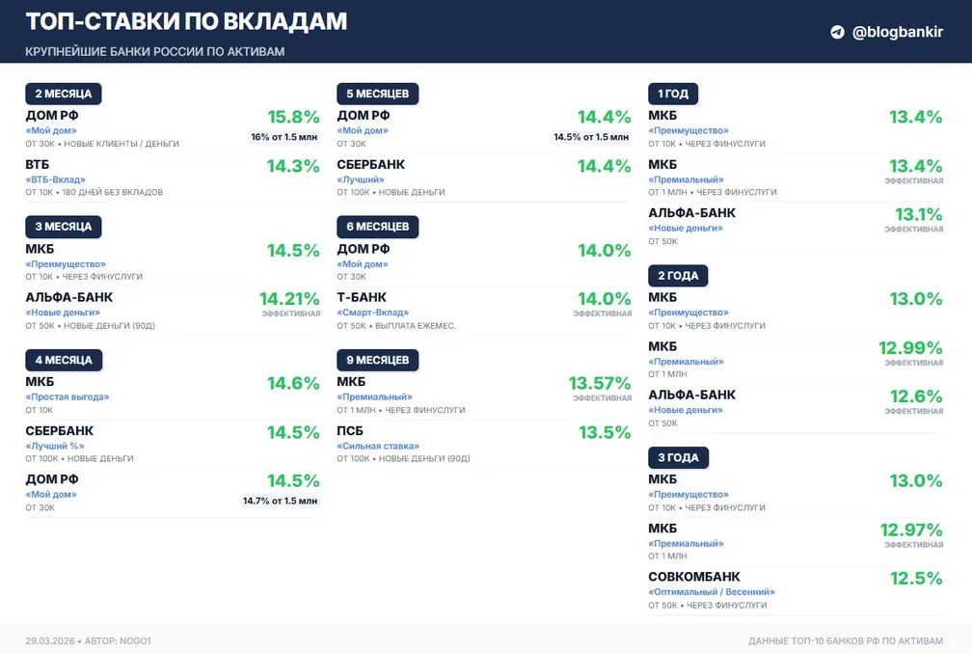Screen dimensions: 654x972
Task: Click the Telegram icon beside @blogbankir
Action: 837,32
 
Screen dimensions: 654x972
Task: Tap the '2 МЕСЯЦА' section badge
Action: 63,94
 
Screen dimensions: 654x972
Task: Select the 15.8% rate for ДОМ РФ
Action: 293,117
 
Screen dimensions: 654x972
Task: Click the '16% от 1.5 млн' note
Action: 283,137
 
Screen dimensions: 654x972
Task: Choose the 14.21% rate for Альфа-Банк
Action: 289,298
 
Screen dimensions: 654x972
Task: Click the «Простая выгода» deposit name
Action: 67,396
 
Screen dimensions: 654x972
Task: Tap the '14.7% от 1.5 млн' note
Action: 280,501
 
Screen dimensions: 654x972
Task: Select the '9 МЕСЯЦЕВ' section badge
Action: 377,360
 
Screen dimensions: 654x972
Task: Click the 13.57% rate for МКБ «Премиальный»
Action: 600,383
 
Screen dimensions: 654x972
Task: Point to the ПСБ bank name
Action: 351,431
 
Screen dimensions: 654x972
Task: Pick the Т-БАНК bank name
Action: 362,298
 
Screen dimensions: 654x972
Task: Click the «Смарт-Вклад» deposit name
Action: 372,313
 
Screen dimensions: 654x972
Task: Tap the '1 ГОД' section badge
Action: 672,94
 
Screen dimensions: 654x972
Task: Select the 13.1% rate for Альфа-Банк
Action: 918,214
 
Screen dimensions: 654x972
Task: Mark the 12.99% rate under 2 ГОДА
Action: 910,347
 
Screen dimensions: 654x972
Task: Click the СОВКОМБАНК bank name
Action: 693,577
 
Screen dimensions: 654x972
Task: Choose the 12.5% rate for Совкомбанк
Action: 916,578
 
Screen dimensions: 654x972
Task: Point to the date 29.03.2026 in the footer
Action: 51,640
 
